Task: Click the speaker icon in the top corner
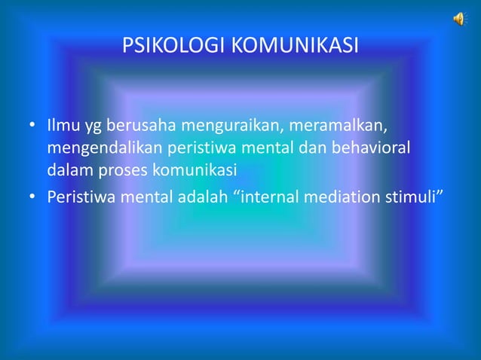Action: [x=459, y=20]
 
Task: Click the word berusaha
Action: [x=141, y=123]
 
